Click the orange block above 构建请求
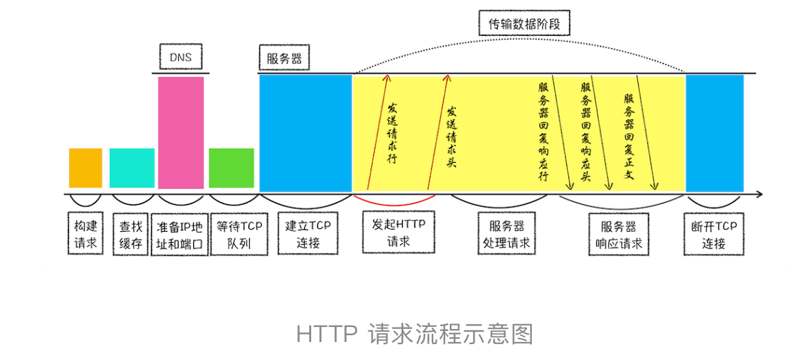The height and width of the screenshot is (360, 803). click(86, 168)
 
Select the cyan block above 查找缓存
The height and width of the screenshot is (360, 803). click(132, 168)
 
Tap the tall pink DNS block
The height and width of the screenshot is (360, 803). click(181, 132)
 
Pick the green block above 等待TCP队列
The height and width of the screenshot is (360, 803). click(231, 168)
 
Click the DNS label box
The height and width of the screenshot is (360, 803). click(181, 57)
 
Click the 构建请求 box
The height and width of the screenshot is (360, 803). click(86, 234)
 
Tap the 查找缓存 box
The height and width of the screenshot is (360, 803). click(130, 234)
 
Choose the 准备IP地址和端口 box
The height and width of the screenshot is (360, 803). click(179, 234)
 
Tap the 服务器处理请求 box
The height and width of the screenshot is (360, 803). click(507, 234)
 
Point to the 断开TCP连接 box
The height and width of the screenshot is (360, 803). click(714, 234)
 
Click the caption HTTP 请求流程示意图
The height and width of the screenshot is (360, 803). click(415, 334)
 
